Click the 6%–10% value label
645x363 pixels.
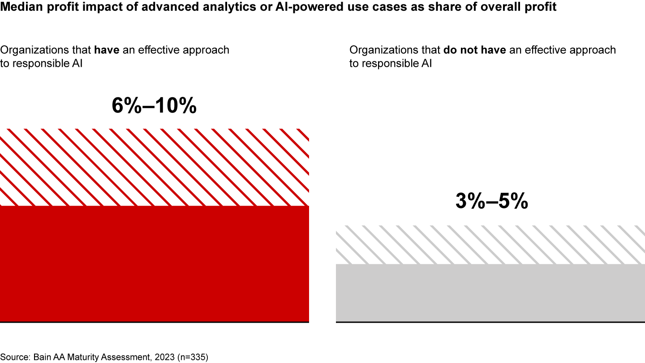154,106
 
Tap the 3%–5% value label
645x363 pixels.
491,202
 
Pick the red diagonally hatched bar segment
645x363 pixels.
154,167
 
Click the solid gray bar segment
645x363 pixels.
490,293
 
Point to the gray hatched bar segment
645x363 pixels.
490,245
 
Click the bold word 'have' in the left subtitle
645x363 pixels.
106,50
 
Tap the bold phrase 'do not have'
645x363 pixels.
474,50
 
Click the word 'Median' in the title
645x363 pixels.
18,8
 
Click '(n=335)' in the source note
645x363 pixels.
193,357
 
